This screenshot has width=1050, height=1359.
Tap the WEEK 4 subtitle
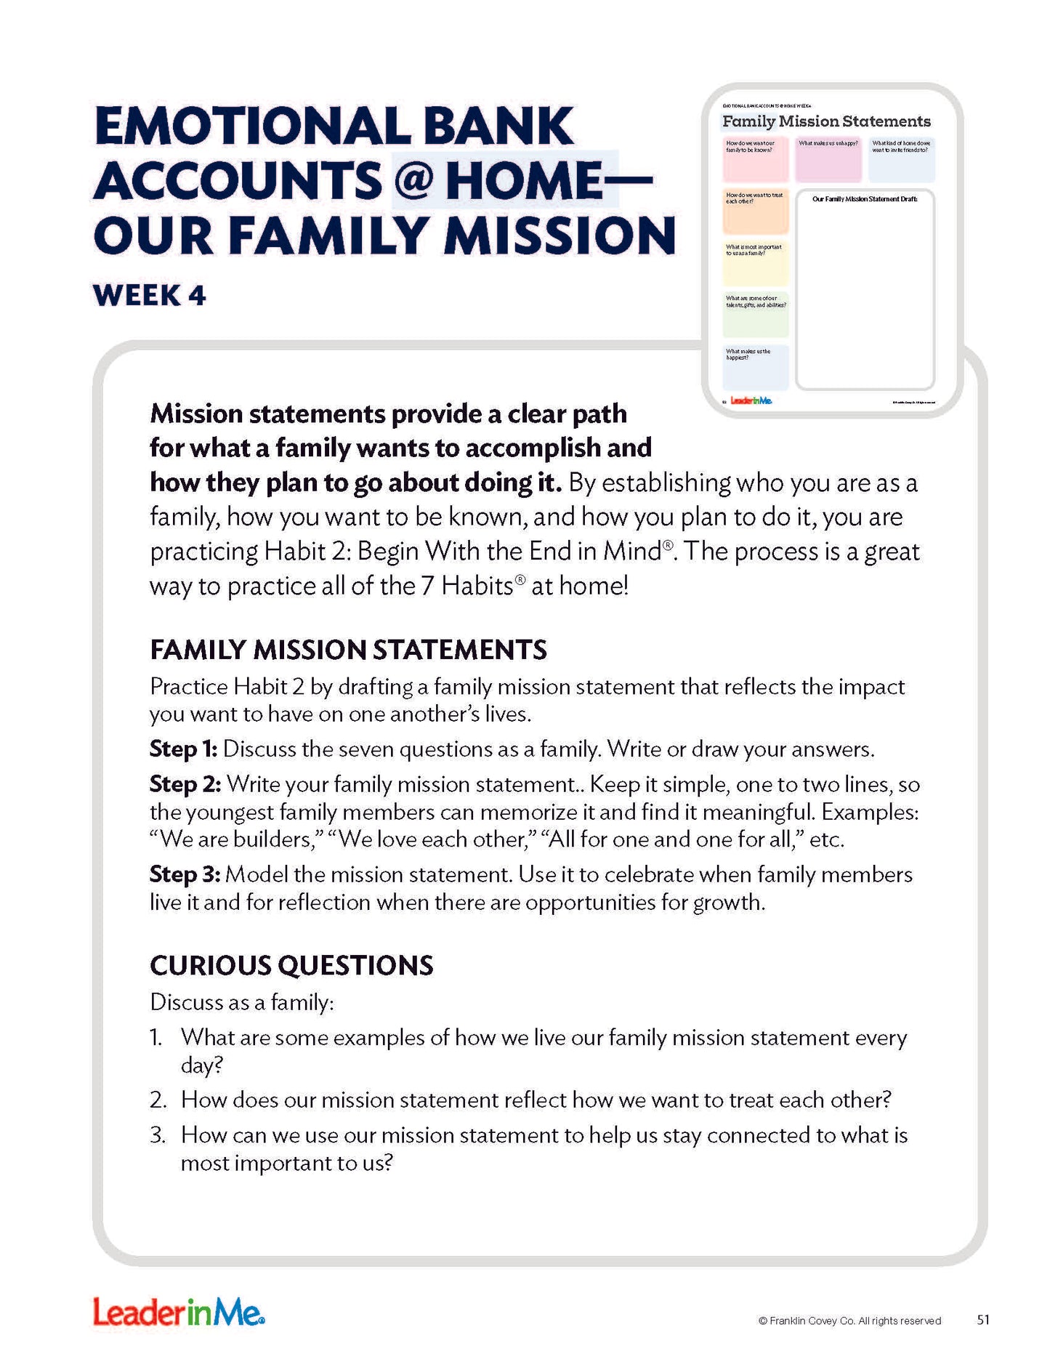pos(150,296)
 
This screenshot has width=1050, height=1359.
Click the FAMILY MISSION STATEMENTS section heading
pos(348,650)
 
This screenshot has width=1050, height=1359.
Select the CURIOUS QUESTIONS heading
pos(291,965)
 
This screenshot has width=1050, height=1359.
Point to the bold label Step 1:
pos(183,749)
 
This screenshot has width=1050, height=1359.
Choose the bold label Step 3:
pos(185,874)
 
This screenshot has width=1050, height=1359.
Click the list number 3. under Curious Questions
pos(158,1135)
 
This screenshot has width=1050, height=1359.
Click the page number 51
pos(983,1320)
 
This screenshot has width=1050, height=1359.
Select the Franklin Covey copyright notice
pos(849,1321)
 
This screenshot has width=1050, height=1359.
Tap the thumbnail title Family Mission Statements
pos(826,121)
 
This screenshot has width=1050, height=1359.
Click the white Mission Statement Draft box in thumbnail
pos(865,291)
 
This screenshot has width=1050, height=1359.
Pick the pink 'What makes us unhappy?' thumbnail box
pos(828,160)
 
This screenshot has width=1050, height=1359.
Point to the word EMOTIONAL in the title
pos(252,126)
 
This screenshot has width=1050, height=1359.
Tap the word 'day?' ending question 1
pos(201,1065)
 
